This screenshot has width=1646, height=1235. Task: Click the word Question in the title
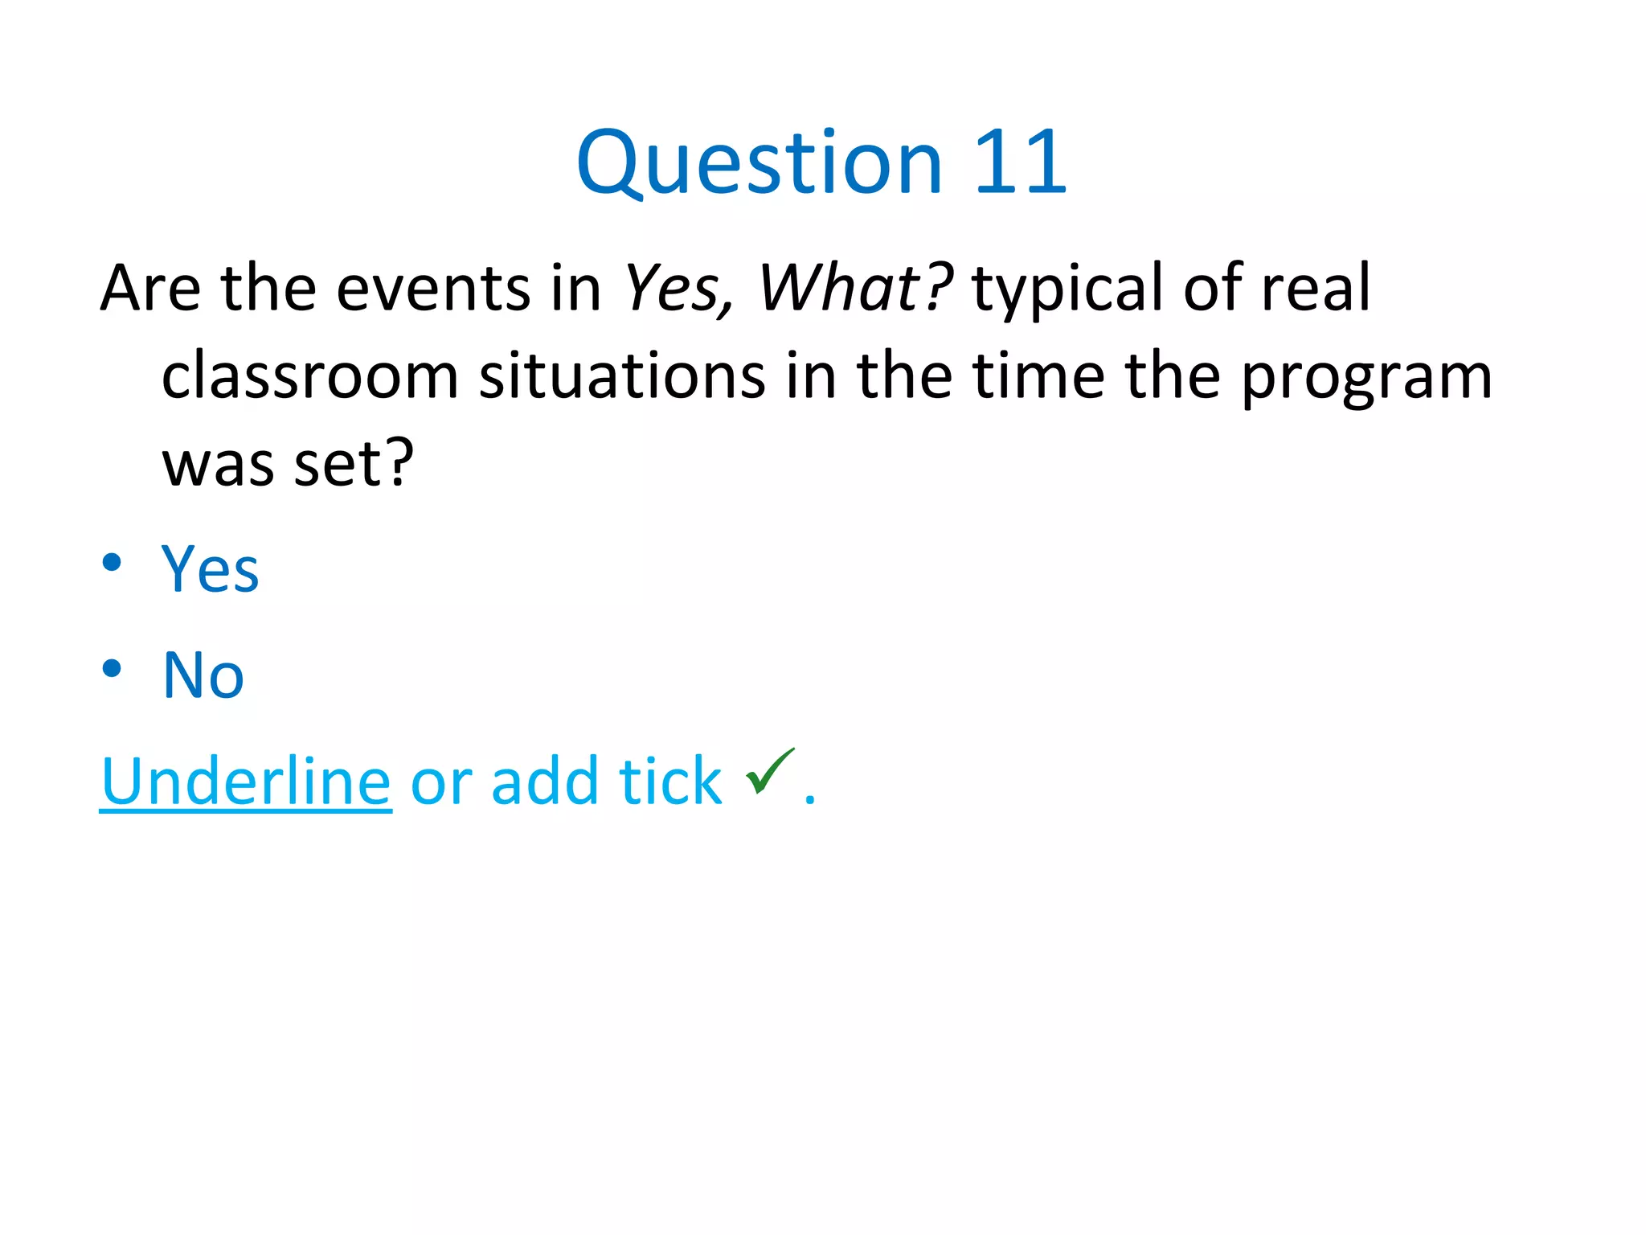[x=759, y=164]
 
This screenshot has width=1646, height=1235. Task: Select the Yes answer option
[x=211, y=569]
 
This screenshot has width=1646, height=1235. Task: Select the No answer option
[x=203, y=675]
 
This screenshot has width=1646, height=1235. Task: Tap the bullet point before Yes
[x=112, y=562]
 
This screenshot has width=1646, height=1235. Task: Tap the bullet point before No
[x=112, y=668]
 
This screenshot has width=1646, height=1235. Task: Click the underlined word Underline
[x=246, y=782]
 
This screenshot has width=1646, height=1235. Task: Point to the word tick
[x=670, y=782]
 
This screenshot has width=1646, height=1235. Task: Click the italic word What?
[x=855, y=288]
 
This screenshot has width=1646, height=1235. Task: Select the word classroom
[x=309, y=376]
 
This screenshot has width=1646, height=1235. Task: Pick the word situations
[x=622, y=376]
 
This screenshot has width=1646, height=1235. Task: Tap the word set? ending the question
[x=354, y=465]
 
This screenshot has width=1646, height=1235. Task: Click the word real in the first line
[x=1316, y=288]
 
